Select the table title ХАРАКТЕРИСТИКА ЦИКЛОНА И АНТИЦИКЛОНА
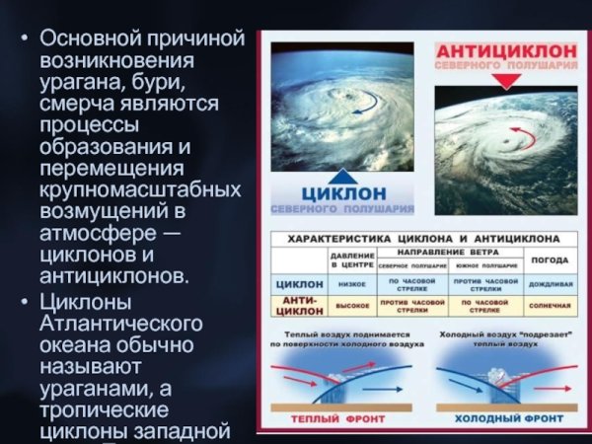tap(424, 239)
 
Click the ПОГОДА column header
tap(550, 260)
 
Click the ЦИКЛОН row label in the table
tap(296, 283)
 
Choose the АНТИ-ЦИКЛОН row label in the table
tap(296, 305)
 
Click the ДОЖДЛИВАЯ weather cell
tap(550, 283)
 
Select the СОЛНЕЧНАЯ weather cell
tap(550, 306)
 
